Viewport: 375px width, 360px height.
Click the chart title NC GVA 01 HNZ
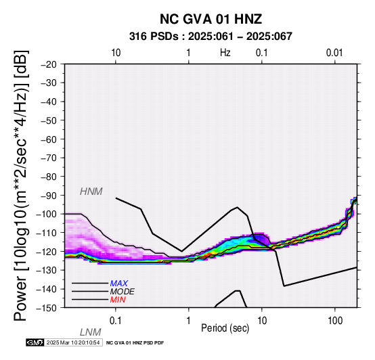point(211,19)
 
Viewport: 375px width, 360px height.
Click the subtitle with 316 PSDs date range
point(211,37)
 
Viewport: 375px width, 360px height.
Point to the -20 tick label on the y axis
point(49,64)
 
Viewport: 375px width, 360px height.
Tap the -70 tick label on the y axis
point(49,158)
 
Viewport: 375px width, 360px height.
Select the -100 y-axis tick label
point(47,214)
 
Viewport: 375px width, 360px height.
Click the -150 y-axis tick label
point(47,308)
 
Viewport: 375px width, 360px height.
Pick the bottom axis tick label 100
point(335,321)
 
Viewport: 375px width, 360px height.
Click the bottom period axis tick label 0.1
point(115,321)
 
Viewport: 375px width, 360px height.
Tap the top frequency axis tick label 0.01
point(334,53)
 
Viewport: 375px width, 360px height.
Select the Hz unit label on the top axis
point(225,53)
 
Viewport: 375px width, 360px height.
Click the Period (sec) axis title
point(225,328)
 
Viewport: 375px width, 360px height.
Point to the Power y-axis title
point(20,185)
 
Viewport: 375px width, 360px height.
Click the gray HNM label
point(91,192)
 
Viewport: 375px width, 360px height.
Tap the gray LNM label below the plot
point(91,332)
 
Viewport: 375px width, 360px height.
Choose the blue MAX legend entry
point(119,284)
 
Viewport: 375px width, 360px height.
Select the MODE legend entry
point(123,292)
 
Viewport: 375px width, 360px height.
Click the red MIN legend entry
point(118,300)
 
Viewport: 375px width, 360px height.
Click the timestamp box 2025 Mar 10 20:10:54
point(73,342)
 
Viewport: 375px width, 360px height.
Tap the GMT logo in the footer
point(35,342)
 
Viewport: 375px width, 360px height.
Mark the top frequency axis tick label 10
point(116,53)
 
